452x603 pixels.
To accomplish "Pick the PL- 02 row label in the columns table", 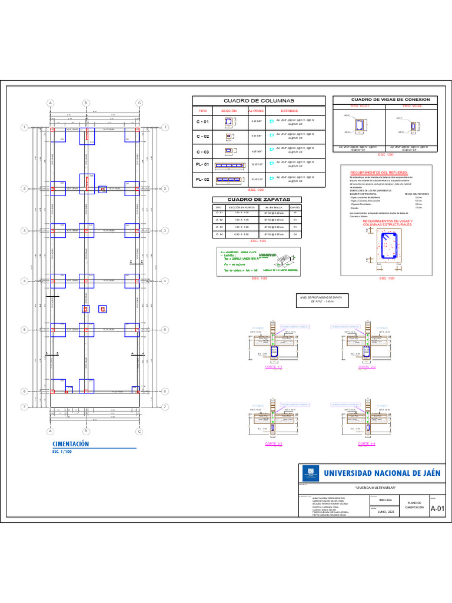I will point(202,178).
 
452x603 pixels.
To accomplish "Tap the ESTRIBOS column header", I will point(289,110).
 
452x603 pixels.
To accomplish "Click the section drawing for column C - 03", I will point(228,150).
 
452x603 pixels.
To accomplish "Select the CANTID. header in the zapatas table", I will point(295,208).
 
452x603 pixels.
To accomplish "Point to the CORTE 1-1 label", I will point(274,367).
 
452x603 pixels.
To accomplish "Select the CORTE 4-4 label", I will point(366,443).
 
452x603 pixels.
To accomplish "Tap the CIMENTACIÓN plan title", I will point(71,443).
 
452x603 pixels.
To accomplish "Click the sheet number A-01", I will point(437,509).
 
